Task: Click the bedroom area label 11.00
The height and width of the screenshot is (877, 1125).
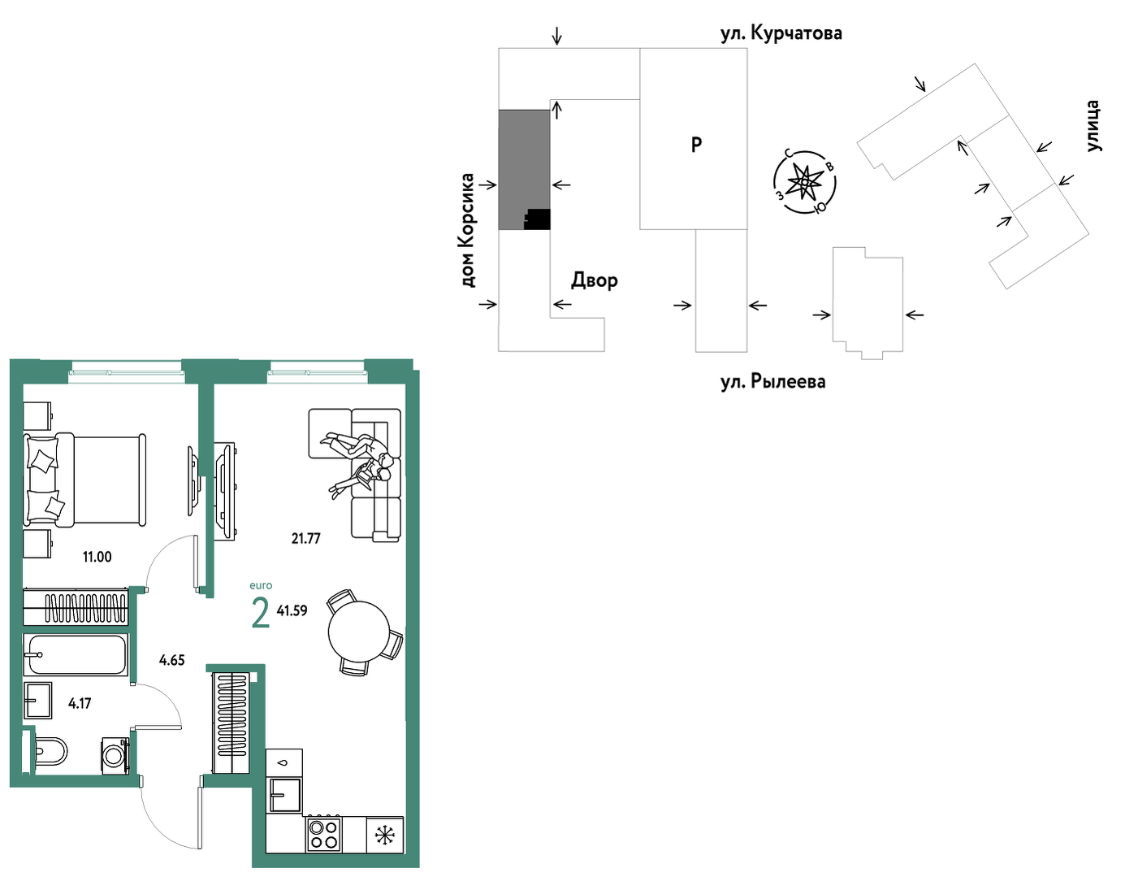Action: [x=97, y=557]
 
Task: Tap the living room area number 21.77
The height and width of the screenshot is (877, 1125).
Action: [x=306, y=538]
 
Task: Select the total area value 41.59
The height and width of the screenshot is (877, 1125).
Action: [x=292, y=610]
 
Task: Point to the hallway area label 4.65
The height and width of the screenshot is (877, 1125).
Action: [x=172, y=660]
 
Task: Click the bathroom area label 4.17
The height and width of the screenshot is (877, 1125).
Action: [x=80, y=703]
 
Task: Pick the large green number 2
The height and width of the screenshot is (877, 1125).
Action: [x=261, y=613]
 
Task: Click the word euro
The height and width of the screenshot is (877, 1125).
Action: [x=261, y=585]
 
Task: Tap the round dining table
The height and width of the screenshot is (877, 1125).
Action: [x=359, y=631]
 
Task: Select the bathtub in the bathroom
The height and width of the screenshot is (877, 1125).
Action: [x=76, y=654]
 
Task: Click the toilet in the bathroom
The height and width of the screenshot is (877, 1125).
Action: [x=50, y=752]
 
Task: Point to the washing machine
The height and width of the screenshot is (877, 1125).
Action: [x=115, y=756]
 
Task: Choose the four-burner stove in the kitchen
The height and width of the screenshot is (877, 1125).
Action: [x=324, y=833]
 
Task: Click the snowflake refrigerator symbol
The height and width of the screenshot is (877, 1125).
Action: [x=385, y=835]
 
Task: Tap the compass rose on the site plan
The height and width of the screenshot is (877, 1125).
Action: [x=804, y=182]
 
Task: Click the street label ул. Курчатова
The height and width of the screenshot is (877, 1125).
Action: [x=781, y=33]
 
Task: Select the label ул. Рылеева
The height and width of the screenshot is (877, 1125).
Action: [x=773, y=382]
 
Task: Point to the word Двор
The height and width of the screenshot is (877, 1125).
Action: [x=595, y=280]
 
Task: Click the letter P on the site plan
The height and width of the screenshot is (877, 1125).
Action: [x=696, y=145]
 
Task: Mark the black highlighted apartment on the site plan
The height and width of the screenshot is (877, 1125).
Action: [x=538, y=219]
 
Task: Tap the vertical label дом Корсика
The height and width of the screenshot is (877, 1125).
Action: [x=467, y=231]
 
